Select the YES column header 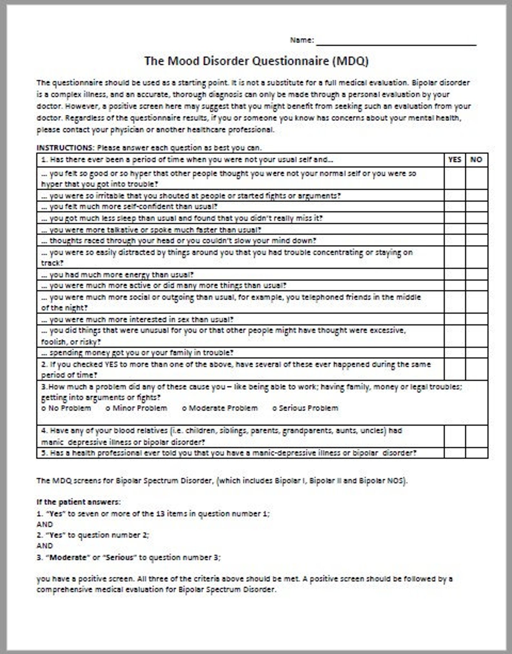455,160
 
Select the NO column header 476,160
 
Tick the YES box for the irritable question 455,195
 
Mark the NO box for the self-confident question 476,206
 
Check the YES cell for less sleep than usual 455,218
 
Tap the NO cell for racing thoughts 476,241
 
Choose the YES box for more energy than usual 455,274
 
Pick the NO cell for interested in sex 476,319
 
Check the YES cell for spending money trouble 455,352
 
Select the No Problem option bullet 44,408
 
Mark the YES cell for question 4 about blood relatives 455,436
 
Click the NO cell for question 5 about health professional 476,453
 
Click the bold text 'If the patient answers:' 78,502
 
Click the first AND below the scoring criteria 44,524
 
